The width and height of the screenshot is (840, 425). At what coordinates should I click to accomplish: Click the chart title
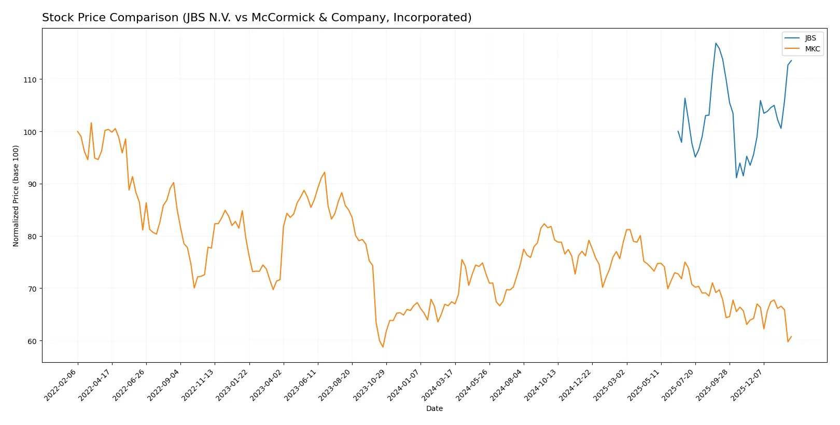coord(257,18)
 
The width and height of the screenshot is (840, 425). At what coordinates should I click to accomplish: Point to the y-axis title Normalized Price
coord(16,196)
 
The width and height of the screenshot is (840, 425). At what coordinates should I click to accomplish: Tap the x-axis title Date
coord(434,408)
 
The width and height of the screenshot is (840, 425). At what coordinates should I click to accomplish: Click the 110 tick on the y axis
coord(30,80)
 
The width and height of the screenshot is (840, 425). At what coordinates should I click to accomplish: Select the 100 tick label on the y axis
coord(30,132)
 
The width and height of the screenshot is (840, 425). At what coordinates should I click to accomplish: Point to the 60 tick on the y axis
coord(32,341)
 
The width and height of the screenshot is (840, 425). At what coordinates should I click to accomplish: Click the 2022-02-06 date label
coord(61,385)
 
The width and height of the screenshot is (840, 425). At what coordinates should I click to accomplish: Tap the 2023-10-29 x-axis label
coord(370,385)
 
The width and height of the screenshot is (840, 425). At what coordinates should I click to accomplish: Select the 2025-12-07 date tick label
coord(747,385)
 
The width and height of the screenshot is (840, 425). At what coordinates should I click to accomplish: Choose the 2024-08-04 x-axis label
coord(507,385)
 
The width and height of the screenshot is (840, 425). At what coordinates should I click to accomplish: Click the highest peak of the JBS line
coord(716,43)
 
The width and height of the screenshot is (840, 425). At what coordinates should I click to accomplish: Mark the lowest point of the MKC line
coord(383,347)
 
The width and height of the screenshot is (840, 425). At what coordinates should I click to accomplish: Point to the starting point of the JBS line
coord(678,131)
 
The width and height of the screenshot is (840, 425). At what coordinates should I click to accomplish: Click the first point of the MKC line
coord(78,131)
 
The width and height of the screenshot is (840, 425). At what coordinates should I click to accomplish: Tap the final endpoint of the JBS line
coord(791,61)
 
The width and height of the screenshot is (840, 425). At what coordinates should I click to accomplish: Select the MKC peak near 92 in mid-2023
coord(325,172)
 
